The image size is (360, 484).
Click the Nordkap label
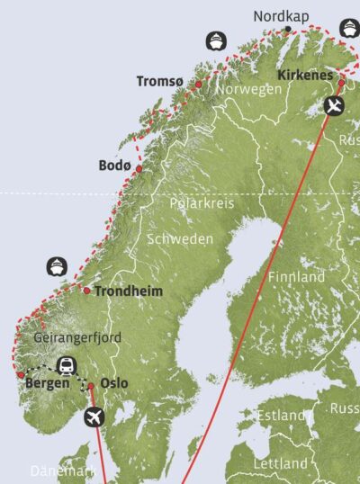pyautogui.click(x=282, y=16)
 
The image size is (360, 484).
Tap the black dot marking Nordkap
pyautogui.click(x=287, y=29)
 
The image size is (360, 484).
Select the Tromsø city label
pyautogui.click(x=159, y=82)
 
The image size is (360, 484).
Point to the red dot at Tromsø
pyautogui.click(x=198, y=84)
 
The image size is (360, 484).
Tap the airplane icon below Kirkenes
pyautogui.click(x=334, y=107)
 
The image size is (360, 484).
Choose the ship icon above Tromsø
pyautogui.click(x=214, y=40)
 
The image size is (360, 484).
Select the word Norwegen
pyautogui.click(x=251, y=90)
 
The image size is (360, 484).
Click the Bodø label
pyautogui.click(x=114, y=166)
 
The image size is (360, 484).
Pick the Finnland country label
pyautogui.click(x=296, y=277)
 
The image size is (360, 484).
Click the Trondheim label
pyautogui.click(x=125, y=291)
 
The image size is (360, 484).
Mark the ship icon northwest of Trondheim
pyautogui.click(x=56, y=266)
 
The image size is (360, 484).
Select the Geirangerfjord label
pyautogui.click(x=76, y=337)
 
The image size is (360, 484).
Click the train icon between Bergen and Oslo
pyautogui.click(x=66, y=365)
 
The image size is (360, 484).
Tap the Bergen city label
pyautogui.click(x=47, y=383)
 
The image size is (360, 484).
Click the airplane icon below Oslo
pyautogui.click(x=93, y=417)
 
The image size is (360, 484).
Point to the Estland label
pyautogui.click(x=283, y=416)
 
